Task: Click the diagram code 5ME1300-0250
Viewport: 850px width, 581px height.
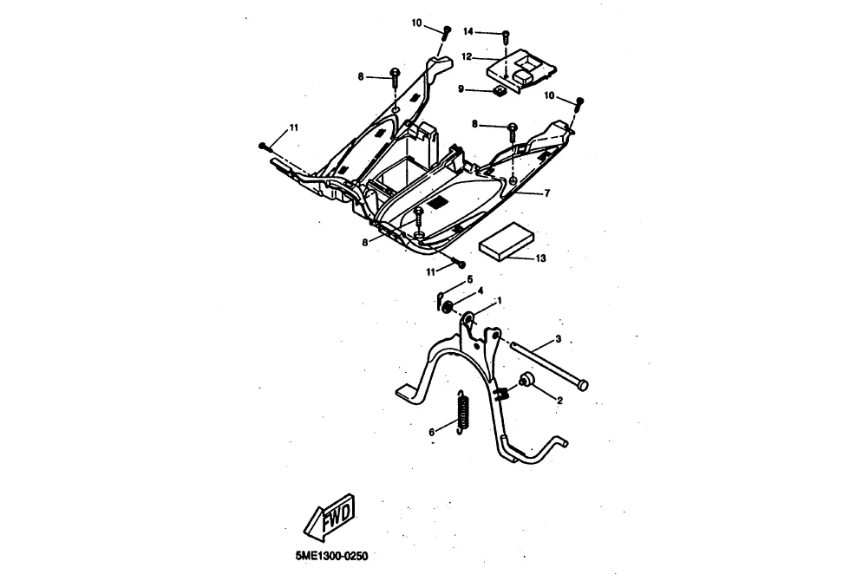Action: tap(330, 557)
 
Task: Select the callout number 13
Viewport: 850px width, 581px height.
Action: tap(540, 258)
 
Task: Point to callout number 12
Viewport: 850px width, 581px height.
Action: tap(467, 56)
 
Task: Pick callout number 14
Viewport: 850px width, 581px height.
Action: tap(468, 32)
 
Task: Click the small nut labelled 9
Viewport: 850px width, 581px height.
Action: tap(500, 89)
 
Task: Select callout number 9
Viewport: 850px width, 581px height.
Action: tap(463, 88)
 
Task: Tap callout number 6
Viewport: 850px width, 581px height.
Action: tap(431, 431)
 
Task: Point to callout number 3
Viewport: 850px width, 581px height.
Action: tap(559, 338)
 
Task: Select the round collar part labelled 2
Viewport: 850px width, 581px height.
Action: tap(526, 381)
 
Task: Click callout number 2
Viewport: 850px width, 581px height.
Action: tap(559, 401)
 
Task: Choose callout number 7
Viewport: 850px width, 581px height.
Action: tap(546, 193)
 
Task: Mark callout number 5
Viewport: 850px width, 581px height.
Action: tap(470, 279)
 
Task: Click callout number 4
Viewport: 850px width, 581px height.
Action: tap(480, 291)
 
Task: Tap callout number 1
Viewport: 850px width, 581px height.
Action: tap(499, 299)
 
